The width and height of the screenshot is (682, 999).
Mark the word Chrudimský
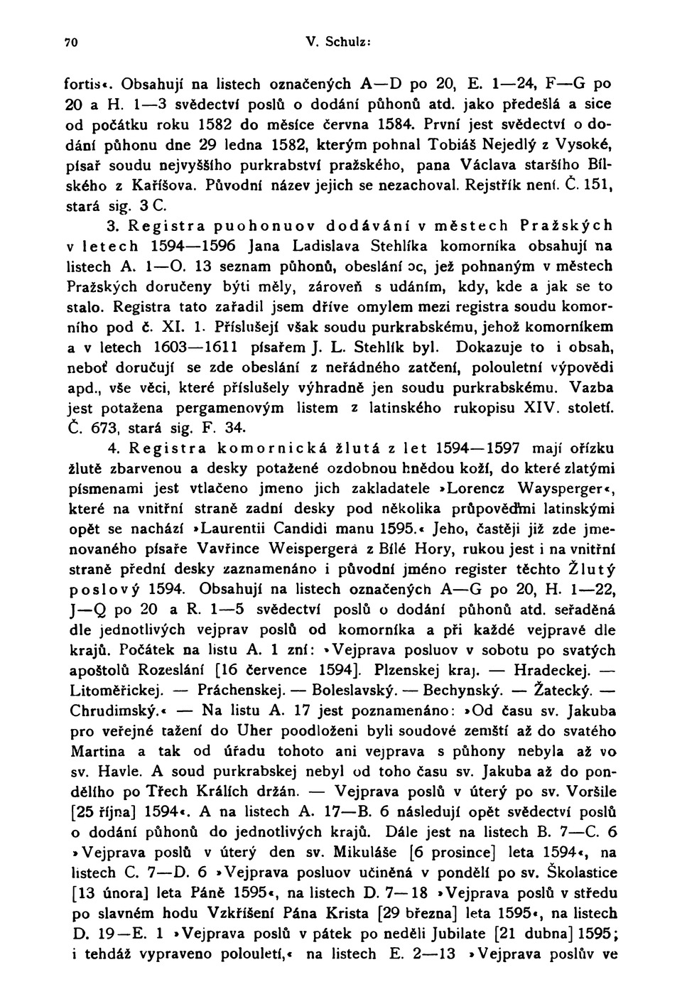pos(112,710)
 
